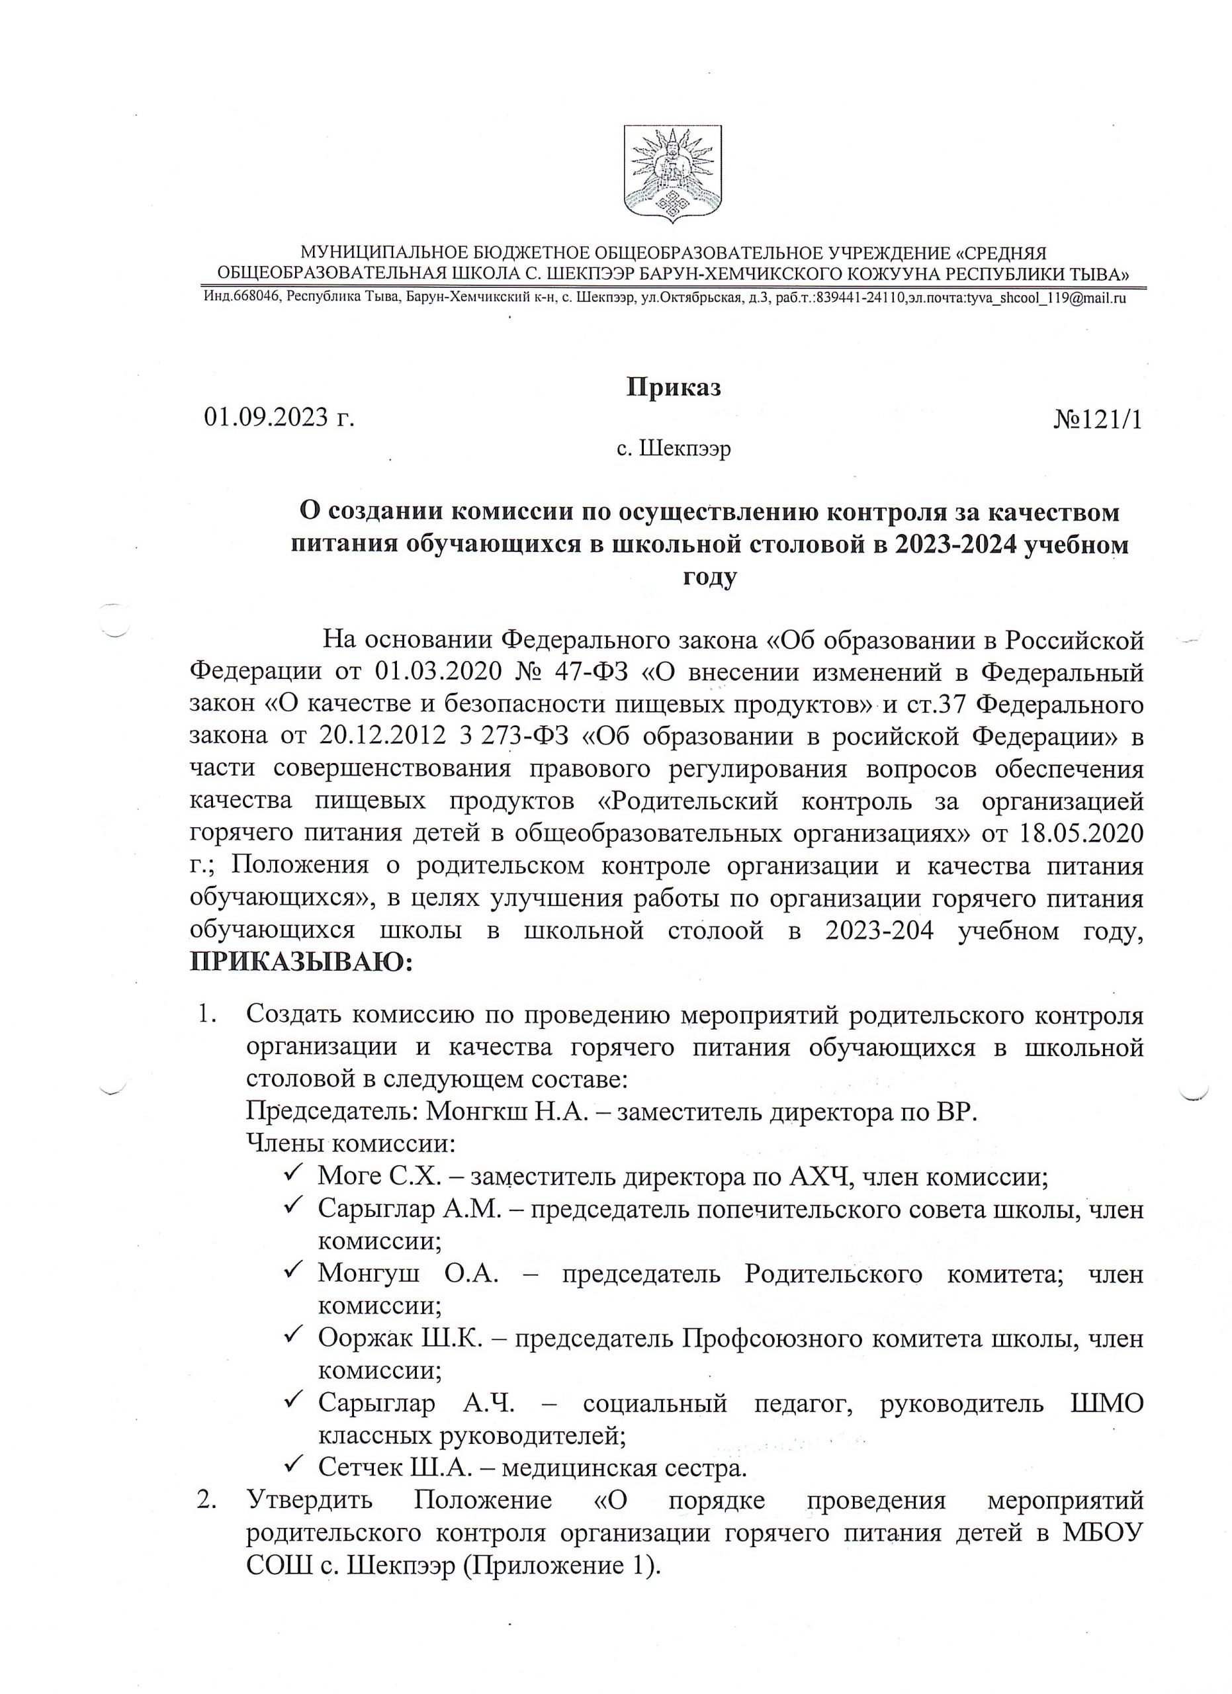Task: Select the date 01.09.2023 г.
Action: pyautogui.click(x=279, y=417)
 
